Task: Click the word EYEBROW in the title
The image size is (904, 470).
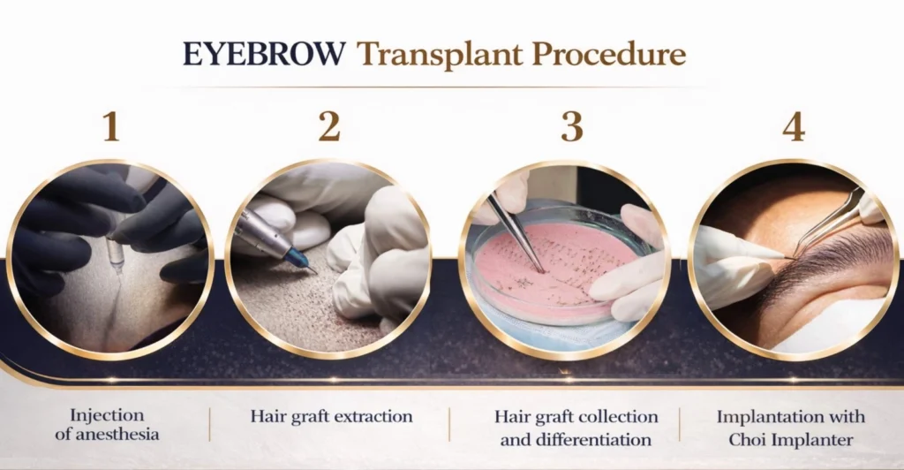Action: tap(263, 54)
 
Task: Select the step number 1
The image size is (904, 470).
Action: tap(110, 127)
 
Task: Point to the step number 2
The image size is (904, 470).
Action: tap(329, 127)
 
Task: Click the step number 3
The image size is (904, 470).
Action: tap(572, 127)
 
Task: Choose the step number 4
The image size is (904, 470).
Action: tap(794, 127)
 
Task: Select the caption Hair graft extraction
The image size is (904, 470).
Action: tap(331, 416)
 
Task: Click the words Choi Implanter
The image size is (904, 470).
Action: tap(790, 438)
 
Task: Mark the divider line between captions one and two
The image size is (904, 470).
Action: tap(210, 425)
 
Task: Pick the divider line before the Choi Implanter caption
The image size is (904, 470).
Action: tap(681, 425)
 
